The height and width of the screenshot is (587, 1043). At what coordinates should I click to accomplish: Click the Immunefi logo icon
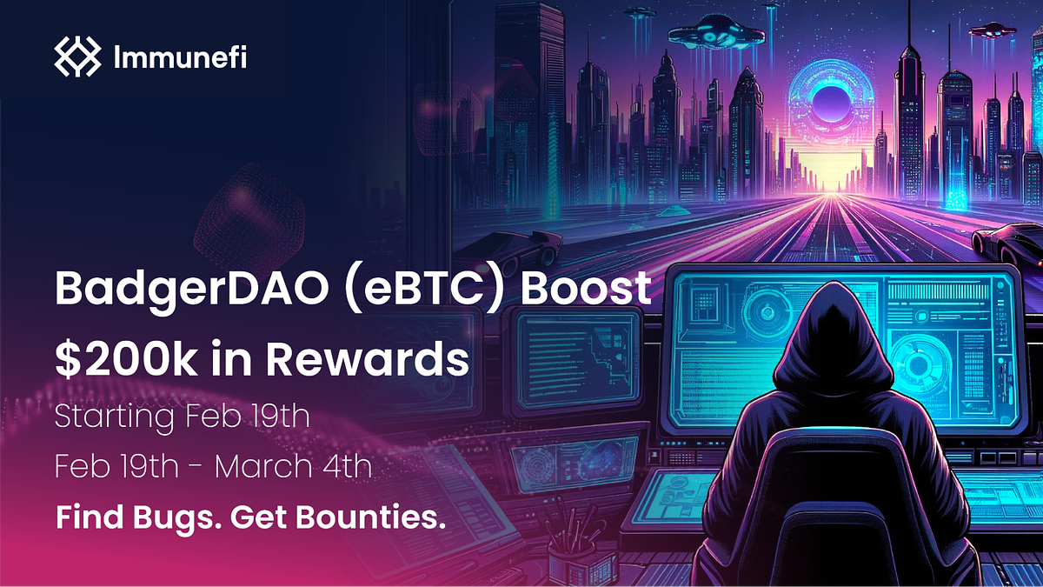click(x=77, y=57)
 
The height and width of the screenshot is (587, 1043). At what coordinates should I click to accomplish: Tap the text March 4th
click(x=293, y=467)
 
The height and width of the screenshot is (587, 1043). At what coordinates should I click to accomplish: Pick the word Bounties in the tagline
click(x=379, y=517)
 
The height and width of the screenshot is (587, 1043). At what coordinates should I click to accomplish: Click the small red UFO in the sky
click(x=991, y=30)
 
